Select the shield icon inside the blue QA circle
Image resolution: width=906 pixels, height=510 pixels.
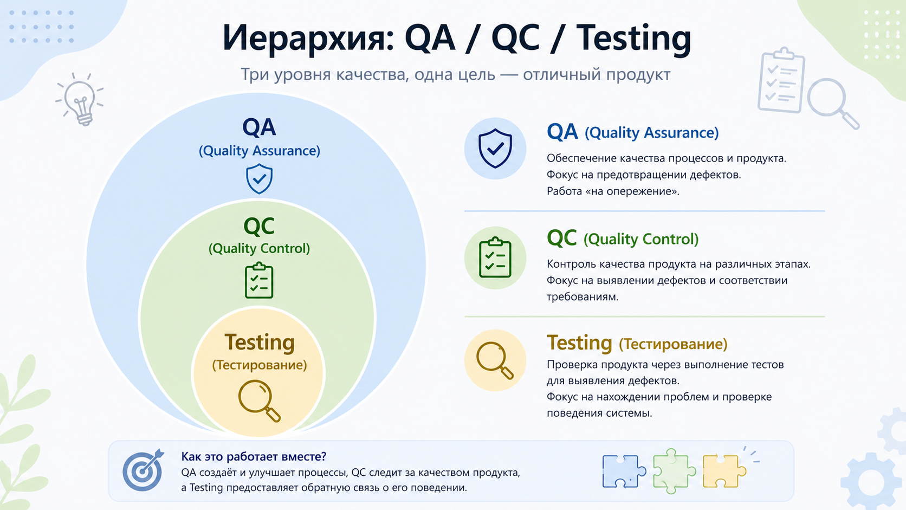[x=259, y=179]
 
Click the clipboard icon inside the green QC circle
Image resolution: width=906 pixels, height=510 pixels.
[x=259, y=281]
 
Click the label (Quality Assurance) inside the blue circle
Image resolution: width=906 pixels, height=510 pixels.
[x=259, y=151]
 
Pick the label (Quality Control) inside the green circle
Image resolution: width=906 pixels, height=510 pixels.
[x=259, y=248]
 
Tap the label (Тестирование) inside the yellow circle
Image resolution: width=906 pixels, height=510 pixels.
[x=259, y=365]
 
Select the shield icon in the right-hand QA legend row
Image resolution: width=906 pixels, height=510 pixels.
[x=495, y=148]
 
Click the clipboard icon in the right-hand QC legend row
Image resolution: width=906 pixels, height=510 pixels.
[x=495, y=257]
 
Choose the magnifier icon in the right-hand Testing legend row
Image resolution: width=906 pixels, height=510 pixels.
[x=494, y=360]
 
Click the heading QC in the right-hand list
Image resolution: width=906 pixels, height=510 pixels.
[x=561, y=238]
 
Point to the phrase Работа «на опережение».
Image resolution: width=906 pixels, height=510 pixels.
[x=612, y=191]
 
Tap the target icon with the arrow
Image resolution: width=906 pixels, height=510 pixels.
[x=143, y=470]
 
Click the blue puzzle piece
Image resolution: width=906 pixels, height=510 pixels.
[x=623, y=470]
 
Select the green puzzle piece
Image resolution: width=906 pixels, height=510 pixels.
[x=673, y=470]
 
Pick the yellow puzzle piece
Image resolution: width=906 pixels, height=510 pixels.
[x=723, y=470]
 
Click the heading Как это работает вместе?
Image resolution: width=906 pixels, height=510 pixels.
[x=254, y=456]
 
